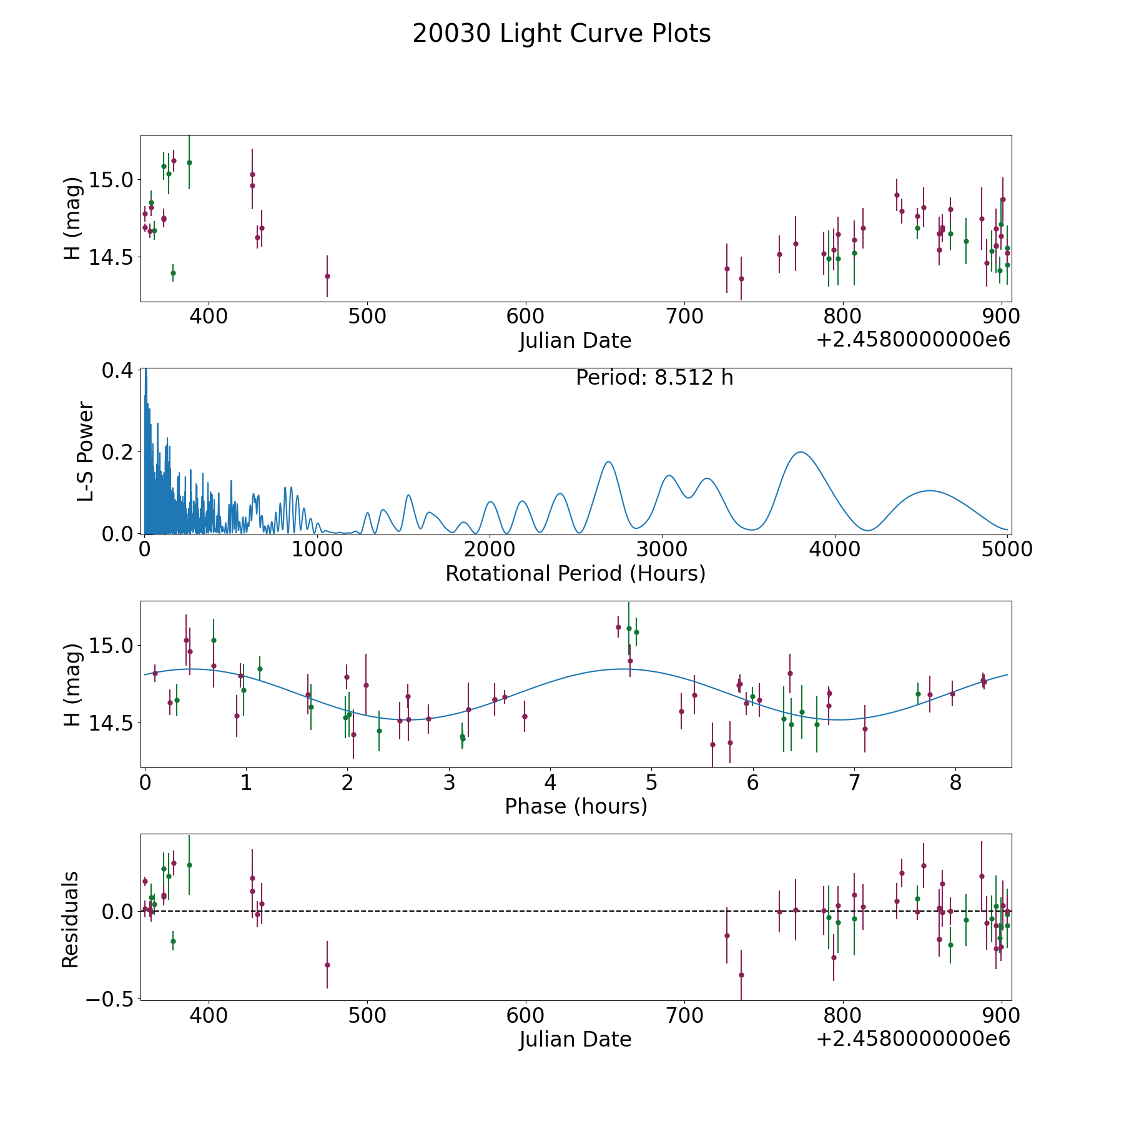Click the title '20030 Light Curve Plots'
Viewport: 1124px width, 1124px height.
pos(561,34)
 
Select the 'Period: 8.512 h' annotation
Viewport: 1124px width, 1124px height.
pos(654,378)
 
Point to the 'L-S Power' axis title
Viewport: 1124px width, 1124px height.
pos(86,451)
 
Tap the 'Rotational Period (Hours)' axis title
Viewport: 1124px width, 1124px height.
pos(575,573)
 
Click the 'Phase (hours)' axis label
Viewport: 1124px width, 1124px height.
pos(575,806)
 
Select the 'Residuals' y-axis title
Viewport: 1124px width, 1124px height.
pos(71,919)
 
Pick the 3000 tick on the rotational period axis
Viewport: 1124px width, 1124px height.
pos(661,550)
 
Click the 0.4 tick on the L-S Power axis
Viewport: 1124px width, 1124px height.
pos(117,370)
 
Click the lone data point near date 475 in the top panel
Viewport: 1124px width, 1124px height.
pos(327,276)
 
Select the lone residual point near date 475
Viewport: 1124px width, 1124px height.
pos(327,965)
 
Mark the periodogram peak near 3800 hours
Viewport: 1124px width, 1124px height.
pos(799,452)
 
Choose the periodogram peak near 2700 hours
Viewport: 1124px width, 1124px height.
pos(608,461)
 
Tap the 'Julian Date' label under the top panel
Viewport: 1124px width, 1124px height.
pos(575,341)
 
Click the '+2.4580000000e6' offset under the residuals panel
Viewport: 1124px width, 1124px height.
pos(913,1038)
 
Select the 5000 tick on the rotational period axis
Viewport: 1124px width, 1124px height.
pos(1007,550)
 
